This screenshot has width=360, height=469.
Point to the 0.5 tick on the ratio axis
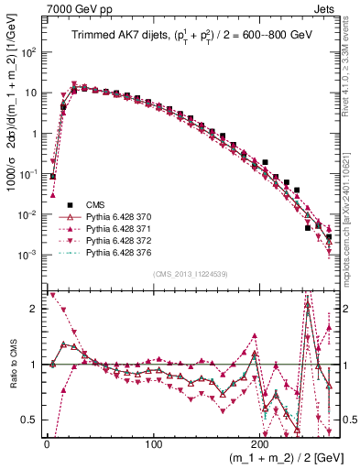click(x=29, y=420)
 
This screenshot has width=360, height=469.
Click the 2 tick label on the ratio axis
click(x=33, y=309)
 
